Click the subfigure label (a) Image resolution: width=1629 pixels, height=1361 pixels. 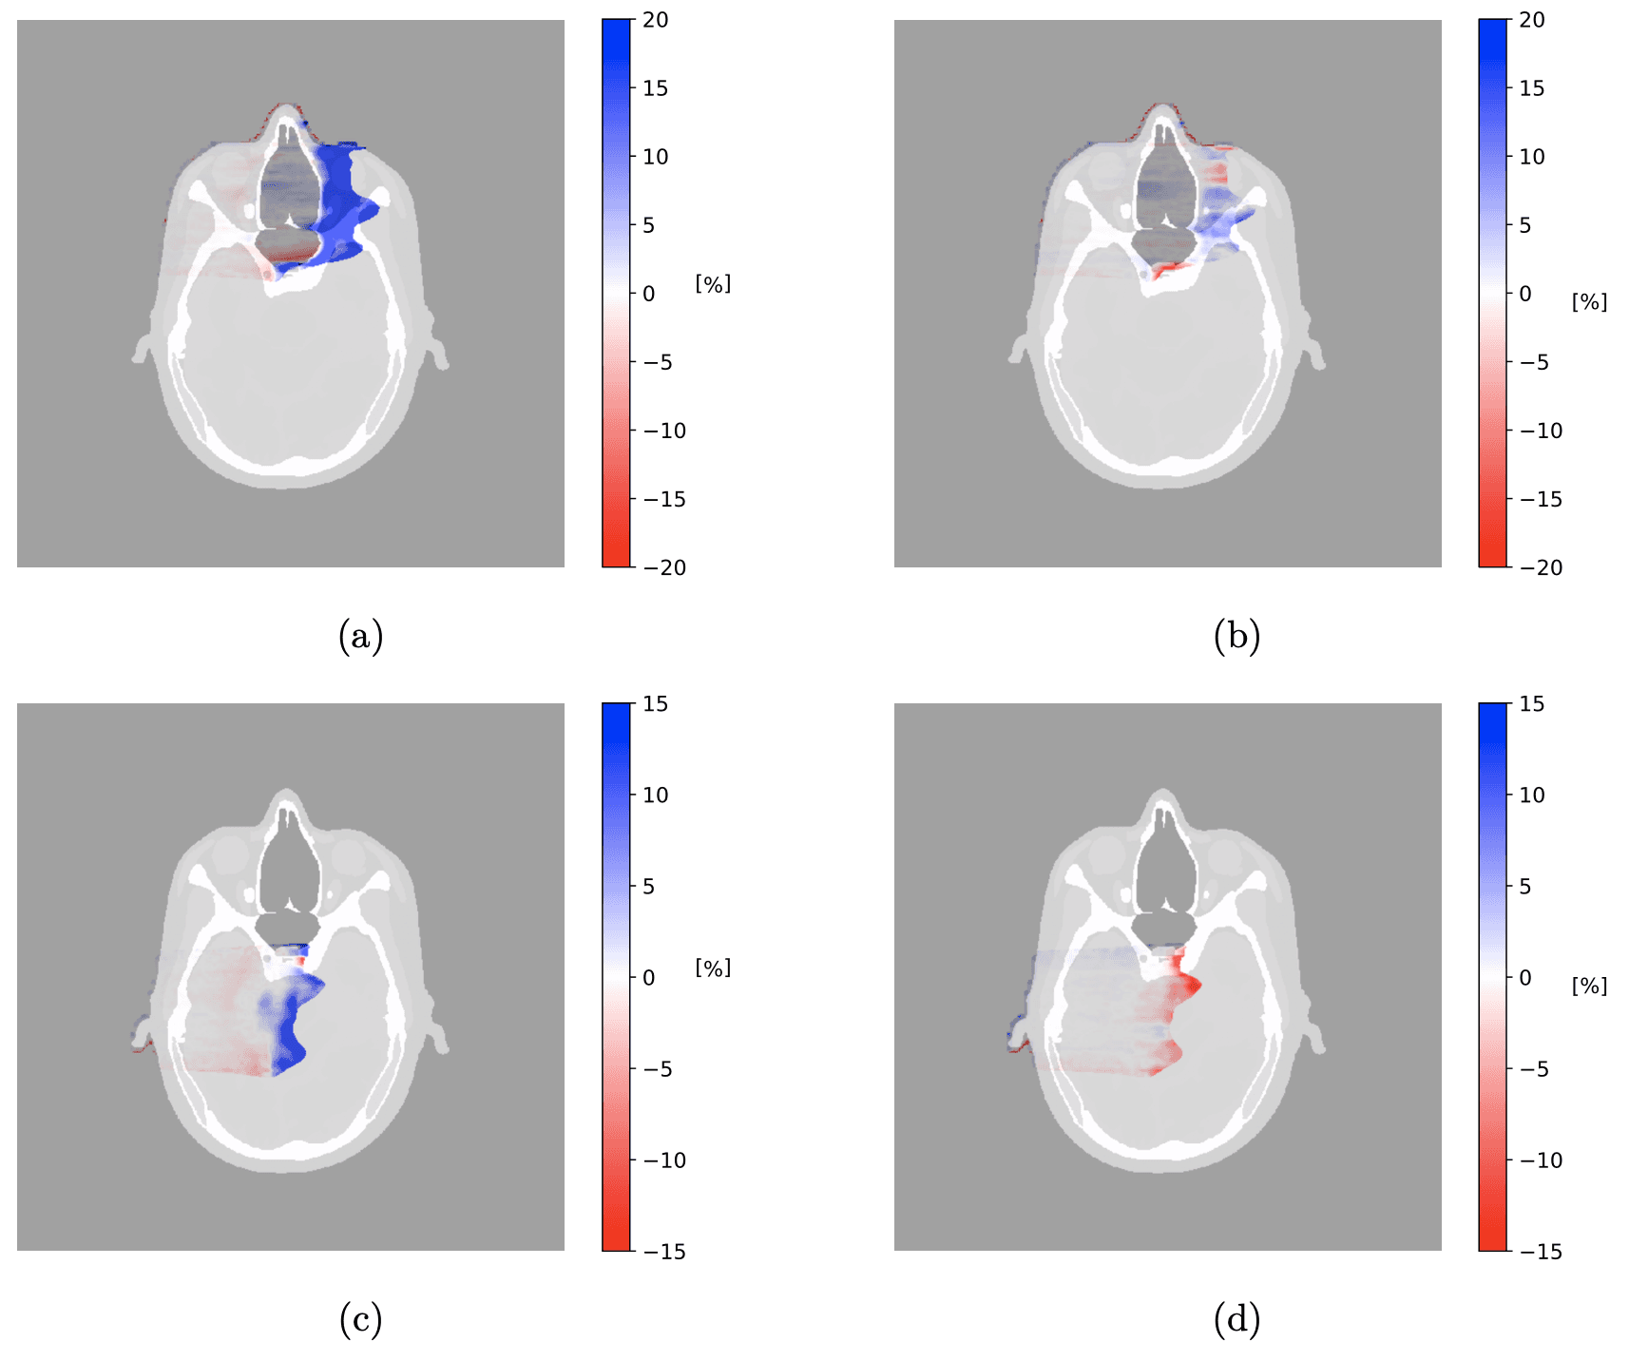pyautogui.click(x=360, y=636)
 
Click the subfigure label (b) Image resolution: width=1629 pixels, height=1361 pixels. pyautogui.click(x=1236, y=636)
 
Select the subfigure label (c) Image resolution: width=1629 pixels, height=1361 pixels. pyautogui.click(x=360, y=1319)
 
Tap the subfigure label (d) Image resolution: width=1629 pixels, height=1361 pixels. pyautogui.click(x=1236, y=1319)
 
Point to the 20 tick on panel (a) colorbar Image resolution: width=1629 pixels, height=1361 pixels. pyautogui.click(x=655, y=20)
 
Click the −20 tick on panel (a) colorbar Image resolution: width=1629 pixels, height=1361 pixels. pyautogui.click(x=664, y=567)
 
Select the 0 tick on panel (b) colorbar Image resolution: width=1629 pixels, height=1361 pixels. pyautogui.click(x=1524, y=294)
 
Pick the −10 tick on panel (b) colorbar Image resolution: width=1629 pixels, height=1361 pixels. pyautogui.click(x=1541, y=431)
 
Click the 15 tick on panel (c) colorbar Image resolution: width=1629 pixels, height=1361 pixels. pyautogui.click(x=655, y=704)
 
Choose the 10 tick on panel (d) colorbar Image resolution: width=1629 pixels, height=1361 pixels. pyautogui.click(x=1532, y=796)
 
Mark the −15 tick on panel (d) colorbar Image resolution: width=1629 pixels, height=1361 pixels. pyautogui.click(x=1541, y=1252)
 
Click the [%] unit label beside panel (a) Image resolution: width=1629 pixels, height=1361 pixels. pyautogui.click(x=713, y=283)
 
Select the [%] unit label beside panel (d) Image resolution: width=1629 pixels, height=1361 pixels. pyautogui.click(x=1589, y=986)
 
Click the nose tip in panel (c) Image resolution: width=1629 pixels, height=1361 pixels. pyautogui.click(x=284, y=793)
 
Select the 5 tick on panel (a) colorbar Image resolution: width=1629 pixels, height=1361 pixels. pyautogui.click(x=648, y=225)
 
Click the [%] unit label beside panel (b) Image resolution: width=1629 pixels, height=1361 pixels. pyautogui.click(x=1589, y=301)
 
